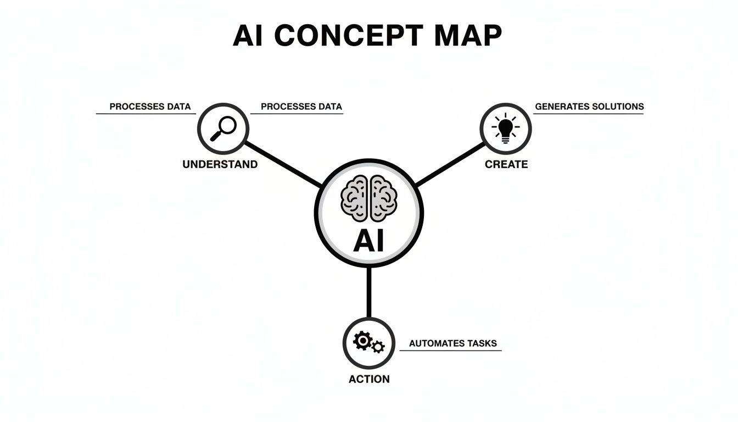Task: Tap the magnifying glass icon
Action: click(223, 129)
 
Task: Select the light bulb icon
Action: click(505, 129)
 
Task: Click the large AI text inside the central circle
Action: click(368, 240)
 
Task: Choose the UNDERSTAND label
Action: click(220, 164)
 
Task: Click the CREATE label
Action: click(506, 164)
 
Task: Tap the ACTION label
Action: click(369, 379)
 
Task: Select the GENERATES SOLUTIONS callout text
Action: click(589, 107)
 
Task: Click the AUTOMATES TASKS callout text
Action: click(452, 343)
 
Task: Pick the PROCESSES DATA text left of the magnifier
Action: click(150, 107)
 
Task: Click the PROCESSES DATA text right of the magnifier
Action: click(301, 107)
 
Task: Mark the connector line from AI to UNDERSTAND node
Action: click(283, 163)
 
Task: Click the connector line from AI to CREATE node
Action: click(451, 164)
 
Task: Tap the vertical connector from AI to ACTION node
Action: click(368, 292)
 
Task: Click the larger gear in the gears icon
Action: click(362, 341)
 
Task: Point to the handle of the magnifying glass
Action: click(216, 136)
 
